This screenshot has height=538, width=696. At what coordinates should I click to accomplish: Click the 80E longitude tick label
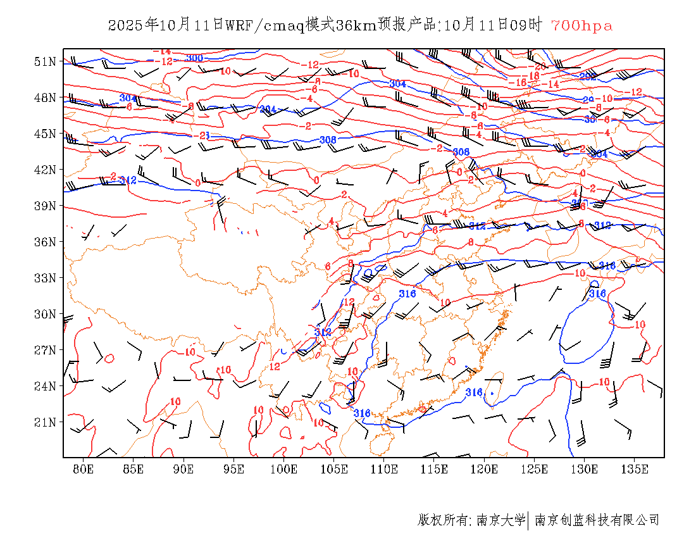coord(84,469)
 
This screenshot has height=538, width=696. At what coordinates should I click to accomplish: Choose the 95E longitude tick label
coord(234,469)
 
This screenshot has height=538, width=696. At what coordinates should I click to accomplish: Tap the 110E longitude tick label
coord(384,469)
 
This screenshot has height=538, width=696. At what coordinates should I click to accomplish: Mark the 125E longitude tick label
coord(535,469)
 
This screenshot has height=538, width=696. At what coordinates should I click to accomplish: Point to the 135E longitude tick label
coord(635,469)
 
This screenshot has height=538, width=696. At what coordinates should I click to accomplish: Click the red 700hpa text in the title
coord(581,26)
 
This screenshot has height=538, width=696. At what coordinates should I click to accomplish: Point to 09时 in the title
coord(526,26)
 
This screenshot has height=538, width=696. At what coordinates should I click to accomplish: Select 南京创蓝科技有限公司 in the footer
coord(597,520)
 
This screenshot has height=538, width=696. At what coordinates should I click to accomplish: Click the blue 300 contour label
coord(194,58)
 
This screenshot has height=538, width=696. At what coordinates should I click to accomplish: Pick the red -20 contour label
coord(540,66)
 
